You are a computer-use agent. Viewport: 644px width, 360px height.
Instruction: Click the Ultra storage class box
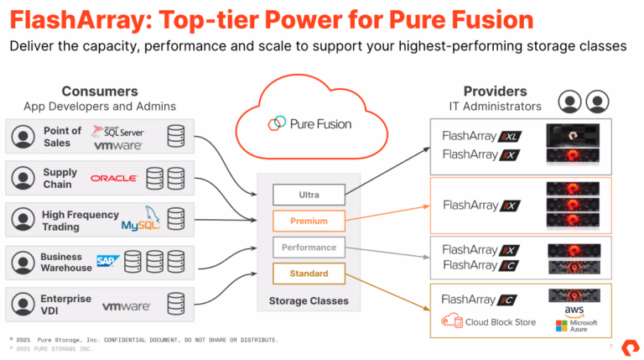tap(309, 196)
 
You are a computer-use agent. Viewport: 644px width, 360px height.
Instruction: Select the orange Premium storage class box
tap(309, 222)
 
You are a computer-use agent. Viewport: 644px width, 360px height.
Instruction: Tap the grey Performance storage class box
tap(309, 248)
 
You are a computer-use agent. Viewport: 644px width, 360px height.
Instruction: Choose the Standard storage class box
tap(309, 274)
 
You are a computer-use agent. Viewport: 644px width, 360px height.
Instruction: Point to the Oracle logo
tap(113, 178)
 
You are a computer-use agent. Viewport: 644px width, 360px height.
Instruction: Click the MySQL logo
tap(140, 221)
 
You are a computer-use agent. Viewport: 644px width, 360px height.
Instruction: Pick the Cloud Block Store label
tap(490, 322)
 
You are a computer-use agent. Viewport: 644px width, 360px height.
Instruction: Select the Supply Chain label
tap(60, 178)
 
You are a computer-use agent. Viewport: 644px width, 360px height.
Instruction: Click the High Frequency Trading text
tap(80, 221)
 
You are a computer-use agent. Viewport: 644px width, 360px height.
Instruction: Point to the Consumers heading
tap(99, 91)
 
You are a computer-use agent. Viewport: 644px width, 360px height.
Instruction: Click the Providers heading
tap(495, 91)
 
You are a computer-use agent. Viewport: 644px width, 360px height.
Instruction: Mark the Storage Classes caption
tap(308, 300)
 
